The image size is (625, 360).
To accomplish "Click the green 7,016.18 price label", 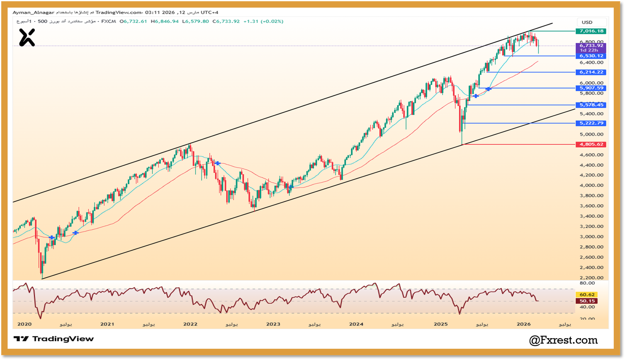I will (x=591, y=31).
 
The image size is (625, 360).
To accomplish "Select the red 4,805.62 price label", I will (x=591, y=144).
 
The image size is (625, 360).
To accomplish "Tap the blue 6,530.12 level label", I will (x=591, y=56).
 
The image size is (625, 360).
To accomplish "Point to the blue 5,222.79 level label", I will (x=591, y=123).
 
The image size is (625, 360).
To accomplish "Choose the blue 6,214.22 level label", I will (x=591, y=72).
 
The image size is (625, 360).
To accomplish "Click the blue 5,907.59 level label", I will (x=591, y=88).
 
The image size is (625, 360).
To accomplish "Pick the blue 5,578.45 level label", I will (x=591, y=105).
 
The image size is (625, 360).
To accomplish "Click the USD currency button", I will (x=587, y=22).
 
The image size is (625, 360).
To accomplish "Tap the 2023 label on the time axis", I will (x=273, y=324).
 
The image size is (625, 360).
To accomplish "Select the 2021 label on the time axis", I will (x=107, y=324).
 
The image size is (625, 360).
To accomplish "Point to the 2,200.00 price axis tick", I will (x=591, y=278).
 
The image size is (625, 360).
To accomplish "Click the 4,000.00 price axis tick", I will (x=591, y=185).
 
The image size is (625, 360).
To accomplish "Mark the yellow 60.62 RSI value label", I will (x=587, y=295).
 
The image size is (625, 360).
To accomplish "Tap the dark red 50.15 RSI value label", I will (x=587, y=301).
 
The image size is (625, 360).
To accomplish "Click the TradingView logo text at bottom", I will (x=54, y=339).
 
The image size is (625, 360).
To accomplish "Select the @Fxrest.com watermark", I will (x=563, y=340).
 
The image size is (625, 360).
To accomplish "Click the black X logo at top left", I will (x=27, y=38).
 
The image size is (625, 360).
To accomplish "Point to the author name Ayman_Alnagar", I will (x=33, y=13).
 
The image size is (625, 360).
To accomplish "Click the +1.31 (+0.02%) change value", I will (x=263, y=21).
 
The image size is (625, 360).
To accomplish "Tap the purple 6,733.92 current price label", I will (x=591, y=46).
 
